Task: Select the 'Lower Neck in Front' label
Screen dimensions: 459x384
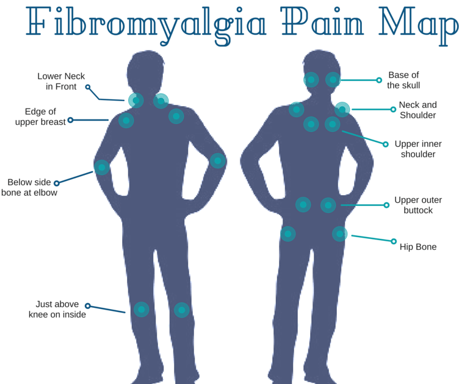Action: (x=61, y=82)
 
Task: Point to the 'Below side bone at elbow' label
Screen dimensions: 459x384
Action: (x=28, y=188)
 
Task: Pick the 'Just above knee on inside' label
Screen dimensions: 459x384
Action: (x=57, y=310)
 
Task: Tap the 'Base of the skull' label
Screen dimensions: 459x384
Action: (x=403, y=80)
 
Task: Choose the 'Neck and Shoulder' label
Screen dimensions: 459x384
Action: (x=417, y=110)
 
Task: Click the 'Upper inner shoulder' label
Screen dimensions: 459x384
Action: (x=417, y=149)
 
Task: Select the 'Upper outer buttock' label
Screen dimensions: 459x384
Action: (x=418, y=205)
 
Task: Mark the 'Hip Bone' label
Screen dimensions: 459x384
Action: (x=418, y=247)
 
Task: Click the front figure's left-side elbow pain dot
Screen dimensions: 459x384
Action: (x=101, y=166)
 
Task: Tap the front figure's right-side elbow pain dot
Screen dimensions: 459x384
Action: (x=218, y=161)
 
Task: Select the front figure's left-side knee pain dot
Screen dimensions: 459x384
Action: (x=141, y=310)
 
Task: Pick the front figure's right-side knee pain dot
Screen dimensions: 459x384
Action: (x=181, y=310)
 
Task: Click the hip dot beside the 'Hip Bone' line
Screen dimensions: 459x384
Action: (x=339, y=233)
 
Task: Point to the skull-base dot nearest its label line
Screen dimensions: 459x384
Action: (x=333, y=80)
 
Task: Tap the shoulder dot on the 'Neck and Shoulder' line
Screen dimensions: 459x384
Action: (x=342, y=110)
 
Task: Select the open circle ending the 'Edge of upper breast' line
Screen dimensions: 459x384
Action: (x=70, y=120)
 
